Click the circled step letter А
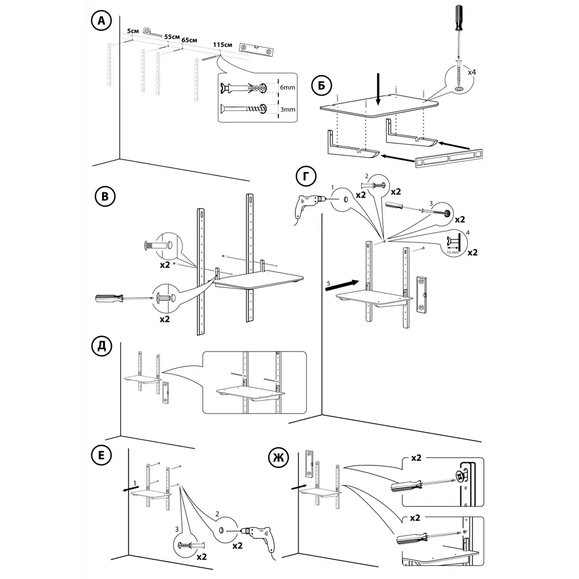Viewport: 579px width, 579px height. point(102,21)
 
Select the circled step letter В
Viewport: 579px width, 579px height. point(104,197)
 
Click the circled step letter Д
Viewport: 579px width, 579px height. point(102,347)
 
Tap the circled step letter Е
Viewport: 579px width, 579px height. point(102,455)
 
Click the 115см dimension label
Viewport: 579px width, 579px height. point(222,45)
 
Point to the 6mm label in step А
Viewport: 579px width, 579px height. point(288,87)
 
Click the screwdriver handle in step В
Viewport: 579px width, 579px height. point(110,298)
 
